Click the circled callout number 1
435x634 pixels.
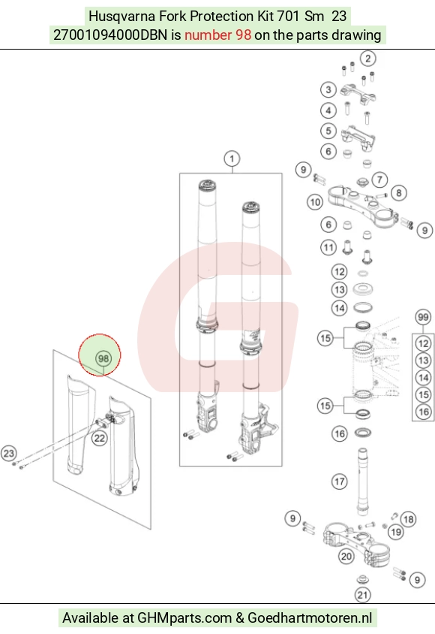click(x=232, y=158)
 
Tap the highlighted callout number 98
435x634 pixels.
click(x=103, y=358)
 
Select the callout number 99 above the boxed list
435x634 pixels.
click(x=423, y=317)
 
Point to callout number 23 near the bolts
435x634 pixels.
click(x=9, y=453)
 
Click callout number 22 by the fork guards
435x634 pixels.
click(x=99, y=438)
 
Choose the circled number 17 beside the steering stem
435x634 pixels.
click(x=339, y=482)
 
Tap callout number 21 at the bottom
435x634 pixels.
click(x=362, y=594)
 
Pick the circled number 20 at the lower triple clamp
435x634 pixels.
click(x=346, y=557)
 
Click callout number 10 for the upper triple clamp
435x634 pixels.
click(x=315, y=202)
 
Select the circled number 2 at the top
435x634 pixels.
click(x=367, y=59)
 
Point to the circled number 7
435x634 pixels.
click(x=379, y=179)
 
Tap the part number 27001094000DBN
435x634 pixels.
click(x=110, y=35)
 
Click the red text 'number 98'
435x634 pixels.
click(x=218, y=35)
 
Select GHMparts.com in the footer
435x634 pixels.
click(x=184, y=617)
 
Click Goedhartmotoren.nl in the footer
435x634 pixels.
click(x=310, y=617)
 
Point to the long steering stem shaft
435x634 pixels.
click(x=362, y=482)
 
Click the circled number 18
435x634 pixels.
click(x=408, y=519)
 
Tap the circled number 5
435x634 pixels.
click(x=328, y=131)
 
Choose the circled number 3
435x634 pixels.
click(x=328, y=89)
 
